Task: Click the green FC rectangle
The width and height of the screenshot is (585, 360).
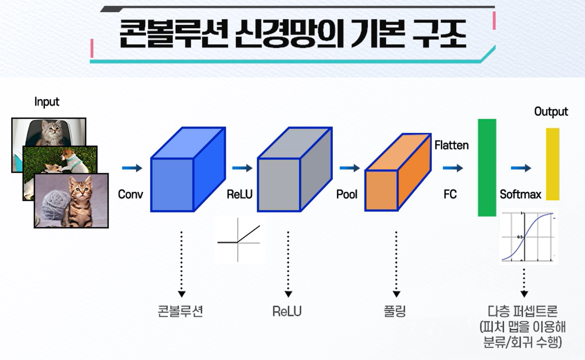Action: tap(487, 168)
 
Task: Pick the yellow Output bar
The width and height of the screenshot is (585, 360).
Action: tap(552, 164)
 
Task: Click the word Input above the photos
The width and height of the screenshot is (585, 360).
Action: tap(47, 102)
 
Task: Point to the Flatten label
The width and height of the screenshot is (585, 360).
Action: tap(451, 145)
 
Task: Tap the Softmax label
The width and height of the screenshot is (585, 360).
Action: tap(520, 194)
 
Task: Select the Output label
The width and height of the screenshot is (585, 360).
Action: tap(551, 112)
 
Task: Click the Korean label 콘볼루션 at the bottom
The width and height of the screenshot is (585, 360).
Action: tap(181, 311)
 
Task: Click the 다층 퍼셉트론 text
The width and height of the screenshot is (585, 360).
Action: tap(523, 311)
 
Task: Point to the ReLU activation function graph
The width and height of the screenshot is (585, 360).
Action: tap(240, 240)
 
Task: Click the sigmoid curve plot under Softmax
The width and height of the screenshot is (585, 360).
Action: tap(528, 236)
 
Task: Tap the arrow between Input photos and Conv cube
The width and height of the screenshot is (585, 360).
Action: tap(132, 168)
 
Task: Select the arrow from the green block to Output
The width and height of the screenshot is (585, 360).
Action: tap(520, 168)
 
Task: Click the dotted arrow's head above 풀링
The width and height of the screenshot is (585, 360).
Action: tap(396, 294)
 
